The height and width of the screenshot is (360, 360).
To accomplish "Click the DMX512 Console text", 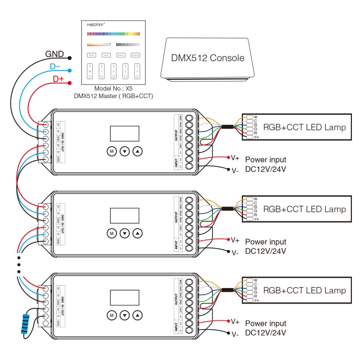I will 208,58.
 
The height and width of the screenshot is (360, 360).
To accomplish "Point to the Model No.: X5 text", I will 112,89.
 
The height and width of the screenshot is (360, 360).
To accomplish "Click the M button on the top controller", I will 111,152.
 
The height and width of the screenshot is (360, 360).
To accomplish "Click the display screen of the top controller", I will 125,134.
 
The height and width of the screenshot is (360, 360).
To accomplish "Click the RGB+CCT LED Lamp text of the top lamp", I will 304,127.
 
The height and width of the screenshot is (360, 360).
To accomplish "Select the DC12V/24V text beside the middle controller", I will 265,251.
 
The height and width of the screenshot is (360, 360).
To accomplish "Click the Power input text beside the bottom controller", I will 265,323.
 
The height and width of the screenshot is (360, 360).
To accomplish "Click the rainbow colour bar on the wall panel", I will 112,33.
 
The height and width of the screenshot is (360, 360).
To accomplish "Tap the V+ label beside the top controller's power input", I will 235,158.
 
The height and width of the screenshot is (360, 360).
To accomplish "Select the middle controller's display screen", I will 125,215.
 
